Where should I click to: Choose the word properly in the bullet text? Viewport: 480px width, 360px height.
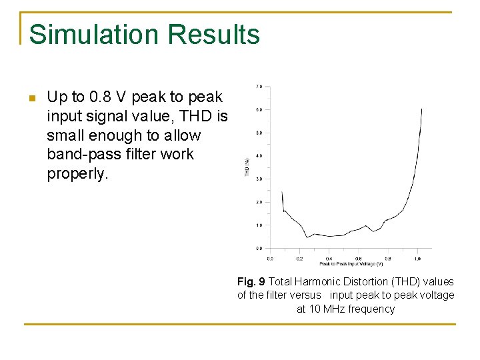click(77, 173)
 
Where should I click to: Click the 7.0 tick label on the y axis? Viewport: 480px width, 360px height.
click(259, 86)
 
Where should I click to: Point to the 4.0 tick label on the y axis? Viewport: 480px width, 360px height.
click(259, 156)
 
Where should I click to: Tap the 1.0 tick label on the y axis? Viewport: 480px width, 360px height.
click(259, 225)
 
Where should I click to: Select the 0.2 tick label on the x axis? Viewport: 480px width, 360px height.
click(299, 258)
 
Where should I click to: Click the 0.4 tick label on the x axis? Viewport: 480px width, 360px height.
click(329, 258)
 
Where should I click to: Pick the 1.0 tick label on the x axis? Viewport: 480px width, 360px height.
click(417, 258)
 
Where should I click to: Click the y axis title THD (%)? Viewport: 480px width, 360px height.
click(247, 167)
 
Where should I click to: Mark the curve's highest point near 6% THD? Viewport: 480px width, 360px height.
click(421, 109)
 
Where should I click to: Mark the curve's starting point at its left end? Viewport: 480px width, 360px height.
click(282, 191)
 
